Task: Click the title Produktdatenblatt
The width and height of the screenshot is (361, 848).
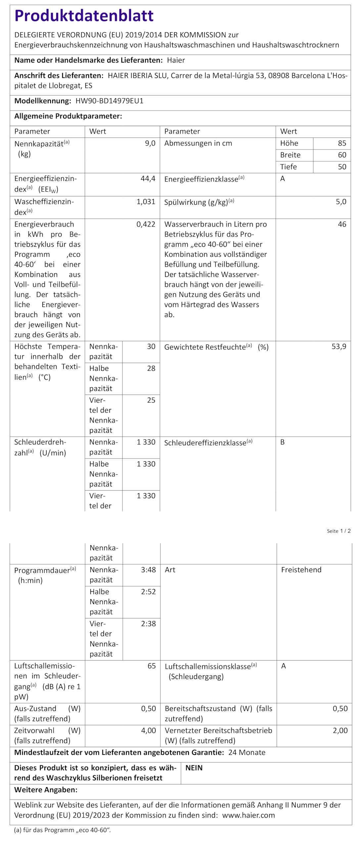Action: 84,16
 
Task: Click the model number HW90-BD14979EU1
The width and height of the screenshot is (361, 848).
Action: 110,101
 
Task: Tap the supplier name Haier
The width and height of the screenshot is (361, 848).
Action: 176,60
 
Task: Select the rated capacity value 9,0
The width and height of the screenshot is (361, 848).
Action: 150,143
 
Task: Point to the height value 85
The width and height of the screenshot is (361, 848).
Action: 342,143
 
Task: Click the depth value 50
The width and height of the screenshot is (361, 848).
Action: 342,167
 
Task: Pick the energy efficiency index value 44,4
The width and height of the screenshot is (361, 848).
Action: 148,179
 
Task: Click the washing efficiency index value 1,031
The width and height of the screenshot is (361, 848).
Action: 146,201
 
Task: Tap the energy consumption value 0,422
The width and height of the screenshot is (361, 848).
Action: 146,224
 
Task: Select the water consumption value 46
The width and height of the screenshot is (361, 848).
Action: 342,224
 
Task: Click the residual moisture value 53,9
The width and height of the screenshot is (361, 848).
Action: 339,346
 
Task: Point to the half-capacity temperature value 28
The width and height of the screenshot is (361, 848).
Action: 151,368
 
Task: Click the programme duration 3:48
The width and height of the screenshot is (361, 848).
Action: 148,570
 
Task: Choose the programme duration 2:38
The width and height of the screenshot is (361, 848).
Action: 148,623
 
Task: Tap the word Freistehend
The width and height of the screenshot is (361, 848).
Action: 301,570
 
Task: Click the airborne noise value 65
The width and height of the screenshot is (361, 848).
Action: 152,666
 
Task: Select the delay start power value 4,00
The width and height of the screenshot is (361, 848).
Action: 148,730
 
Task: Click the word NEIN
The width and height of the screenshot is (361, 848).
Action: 194,768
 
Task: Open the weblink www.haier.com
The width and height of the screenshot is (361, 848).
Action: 248,815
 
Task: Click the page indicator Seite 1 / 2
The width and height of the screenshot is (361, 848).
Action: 338,531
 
